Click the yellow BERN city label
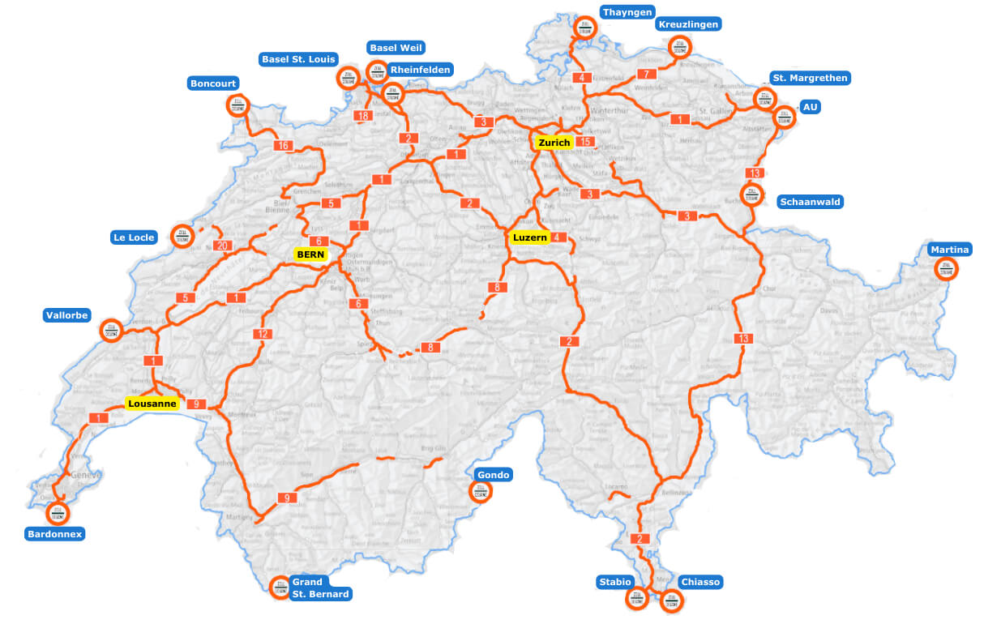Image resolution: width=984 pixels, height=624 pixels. pos(310,254)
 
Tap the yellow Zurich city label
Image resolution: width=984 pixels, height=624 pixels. pos(554,143)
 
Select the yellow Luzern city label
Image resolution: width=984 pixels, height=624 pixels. pos(530,237)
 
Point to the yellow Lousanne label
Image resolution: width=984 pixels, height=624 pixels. pos(152,404)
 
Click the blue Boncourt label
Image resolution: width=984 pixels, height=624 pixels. pos(213,83)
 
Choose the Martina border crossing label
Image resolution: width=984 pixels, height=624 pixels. pos(949,249)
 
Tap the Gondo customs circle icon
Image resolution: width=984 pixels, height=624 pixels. pos(480,490)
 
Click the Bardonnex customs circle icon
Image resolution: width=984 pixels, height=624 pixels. pos(58,513)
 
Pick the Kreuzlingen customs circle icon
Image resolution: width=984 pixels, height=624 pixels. pos(679,48)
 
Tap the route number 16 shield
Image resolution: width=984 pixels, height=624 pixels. pos(282,146)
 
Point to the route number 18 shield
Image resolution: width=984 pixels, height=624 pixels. pos(362,116)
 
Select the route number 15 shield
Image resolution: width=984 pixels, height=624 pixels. pos(585,143)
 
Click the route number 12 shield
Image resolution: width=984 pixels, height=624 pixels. pos(262,334)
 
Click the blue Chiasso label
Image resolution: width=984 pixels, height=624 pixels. pos(700,582)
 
